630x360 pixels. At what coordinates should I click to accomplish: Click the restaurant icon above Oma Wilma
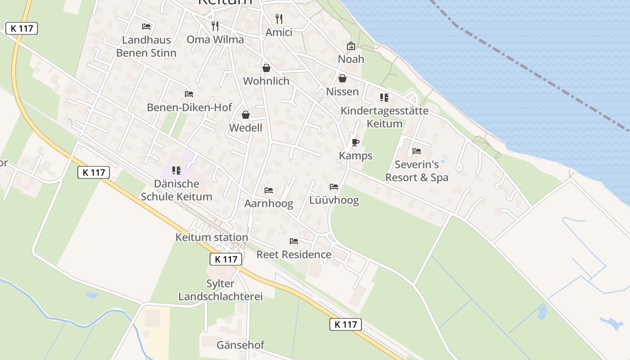pos(215,26)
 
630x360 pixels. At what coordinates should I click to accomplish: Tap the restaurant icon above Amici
pos(279,19)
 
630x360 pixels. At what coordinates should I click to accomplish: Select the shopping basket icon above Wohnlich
pos(266,68)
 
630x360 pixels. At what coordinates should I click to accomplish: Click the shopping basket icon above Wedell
pos(246,115)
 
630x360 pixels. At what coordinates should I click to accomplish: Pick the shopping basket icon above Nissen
pos(342,78)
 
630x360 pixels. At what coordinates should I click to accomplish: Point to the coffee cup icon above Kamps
pos(355,143)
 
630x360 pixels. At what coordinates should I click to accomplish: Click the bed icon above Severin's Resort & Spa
pos(417,151)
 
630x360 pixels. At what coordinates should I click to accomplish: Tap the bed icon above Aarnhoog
pos(269,190)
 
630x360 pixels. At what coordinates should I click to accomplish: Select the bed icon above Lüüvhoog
pos(334,187)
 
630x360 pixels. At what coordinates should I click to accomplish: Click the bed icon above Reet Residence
pos(294,241)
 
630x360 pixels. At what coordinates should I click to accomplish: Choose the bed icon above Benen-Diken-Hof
pos(189,94)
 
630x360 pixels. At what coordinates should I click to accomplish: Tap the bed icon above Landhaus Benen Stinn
pos(146,27)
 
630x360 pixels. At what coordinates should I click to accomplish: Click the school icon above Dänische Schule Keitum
pos(176,171)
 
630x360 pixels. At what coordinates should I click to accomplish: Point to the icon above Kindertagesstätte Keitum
pos(384,98)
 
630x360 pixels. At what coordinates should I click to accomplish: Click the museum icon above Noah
pos(351,46)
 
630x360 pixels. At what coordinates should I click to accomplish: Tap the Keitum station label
pos(211,237)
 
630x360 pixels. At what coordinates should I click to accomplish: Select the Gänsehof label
pos(240,345)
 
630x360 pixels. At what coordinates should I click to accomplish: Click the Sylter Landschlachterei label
pos(220,290)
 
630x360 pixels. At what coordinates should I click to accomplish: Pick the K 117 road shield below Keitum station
pos(226,259)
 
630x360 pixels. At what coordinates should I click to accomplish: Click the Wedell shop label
pos(246,128)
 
